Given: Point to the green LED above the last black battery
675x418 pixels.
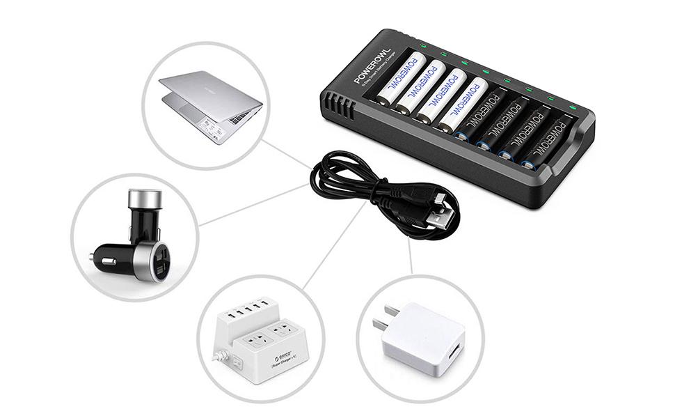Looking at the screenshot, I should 573,107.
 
